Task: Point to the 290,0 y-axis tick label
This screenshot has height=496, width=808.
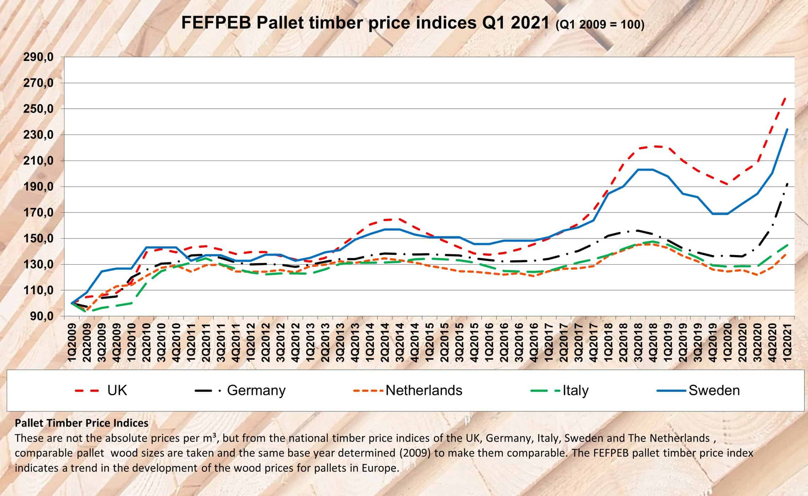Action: click(x=38, y=57)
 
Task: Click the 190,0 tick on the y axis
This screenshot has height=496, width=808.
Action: click(x=38, y=187)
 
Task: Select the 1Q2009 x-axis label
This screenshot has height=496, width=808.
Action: click(x=72, y=342)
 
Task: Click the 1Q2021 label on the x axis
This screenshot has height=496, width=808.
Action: click(x=787, y=342)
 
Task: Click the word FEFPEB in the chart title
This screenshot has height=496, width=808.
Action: click(x=216, y=23)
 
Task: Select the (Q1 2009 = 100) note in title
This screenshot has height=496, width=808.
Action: click(x=600, y=25)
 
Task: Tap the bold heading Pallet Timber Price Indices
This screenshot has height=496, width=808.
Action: click(x=82, y=423)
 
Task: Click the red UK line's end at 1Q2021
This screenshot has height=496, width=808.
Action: click(x=787, y=96)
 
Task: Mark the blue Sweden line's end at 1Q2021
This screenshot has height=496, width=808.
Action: click(x=787, y=129)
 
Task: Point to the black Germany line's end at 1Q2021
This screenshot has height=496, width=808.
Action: click(x=787, y=183)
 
